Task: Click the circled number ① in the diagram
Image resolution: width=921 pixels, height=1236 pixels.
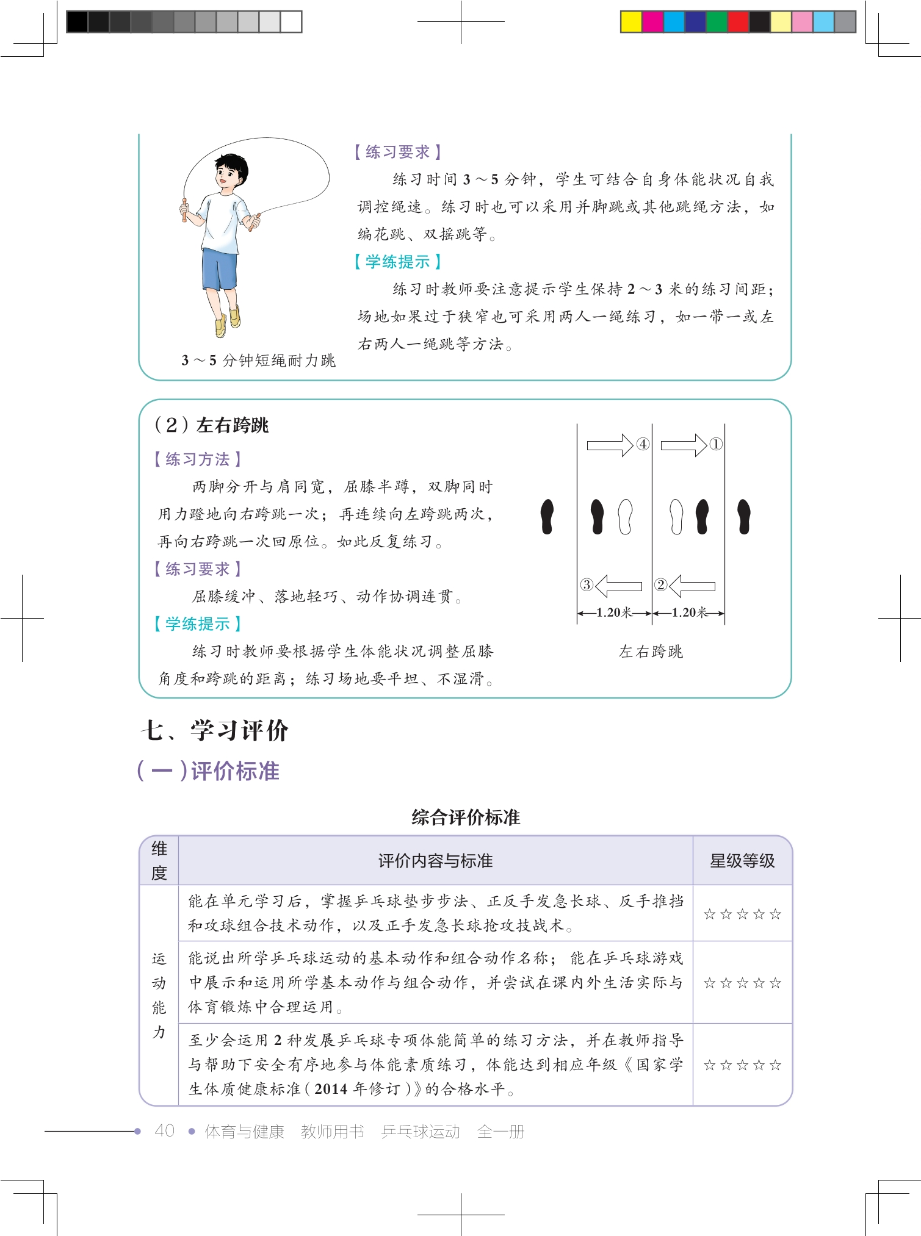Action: pos(716,444)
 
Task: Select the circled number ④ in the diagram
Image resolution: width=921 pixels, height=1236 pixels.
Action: pos(643,444)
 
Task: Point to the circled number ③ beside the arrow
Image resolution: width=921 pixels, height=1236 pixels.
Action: pos(587,584)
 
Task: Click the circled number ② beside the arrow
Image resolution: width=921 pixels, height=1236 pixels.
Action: pos(660,584)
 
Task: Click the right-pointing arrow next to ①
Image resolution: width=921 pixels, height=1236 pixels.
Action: pos(684,445)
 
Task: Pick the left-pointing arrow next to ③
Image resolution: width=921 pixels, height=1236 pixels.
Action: pos(618,586)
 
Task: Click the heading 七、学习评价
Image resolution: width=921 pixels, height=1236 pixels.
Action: pos(214,730)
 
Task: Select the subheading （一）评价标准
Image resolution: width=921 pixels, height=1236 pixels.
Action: pos(208,771)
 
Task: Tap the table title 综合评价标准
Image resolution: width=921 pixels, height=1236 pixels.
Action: pos(466,817)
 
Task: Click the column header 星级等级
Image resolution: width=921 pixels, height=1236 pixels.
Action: pos(742,861)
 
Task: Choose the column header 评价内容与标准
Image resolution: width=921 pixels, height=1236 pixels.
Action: pos(435,861)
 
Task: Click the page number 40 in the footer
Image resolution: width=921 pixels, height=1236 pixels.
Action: pos(165,1131)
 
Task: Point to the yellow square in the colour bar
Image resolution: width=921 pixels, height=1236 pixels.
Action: pos(631,22)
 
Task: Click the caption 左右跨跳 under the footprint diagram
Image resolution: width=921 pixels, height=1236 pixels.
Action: pos(651,652)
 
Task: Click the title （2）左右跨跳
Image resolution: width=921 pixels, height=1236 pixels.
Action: pos(211,425)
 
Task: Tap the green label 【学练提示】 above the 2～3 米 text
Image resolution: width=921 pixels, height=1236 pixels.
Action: pos(397,262)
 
